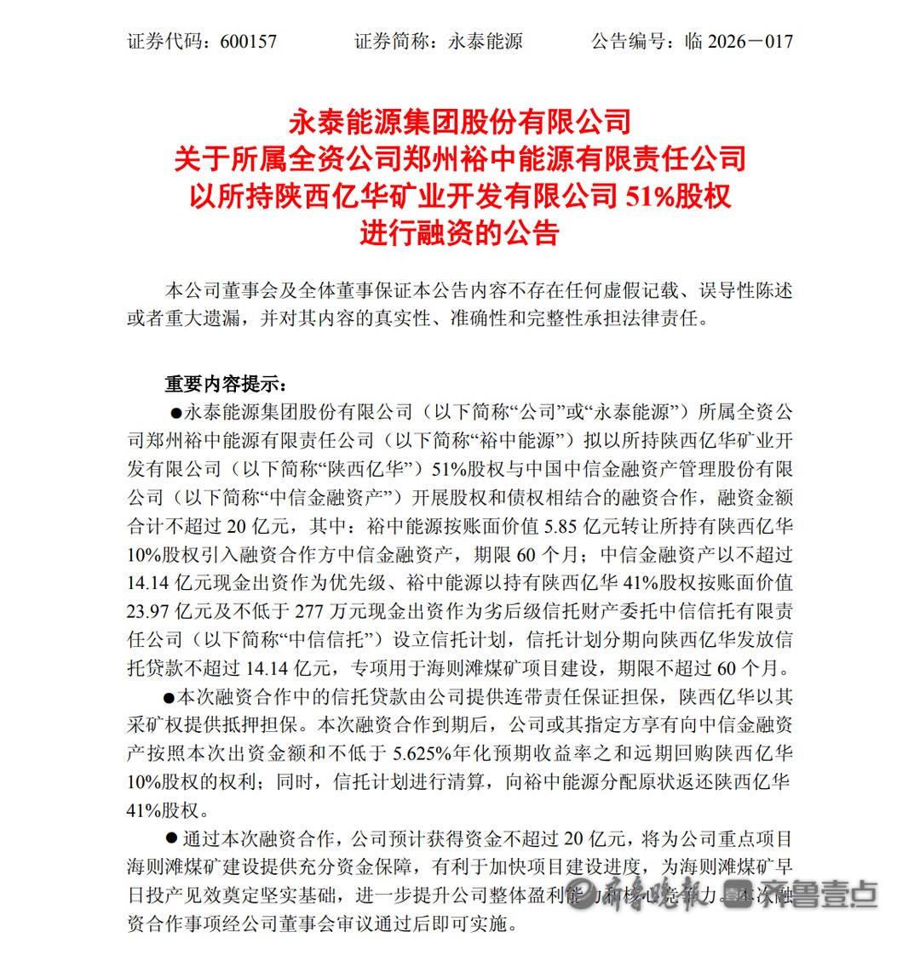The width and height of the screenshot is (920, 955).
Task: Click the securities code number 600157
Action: pyautogui.click(x=248, y=41)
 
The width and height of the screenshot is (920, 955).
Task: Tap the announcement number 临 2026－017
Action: pyautogui.click(x=739, y=41)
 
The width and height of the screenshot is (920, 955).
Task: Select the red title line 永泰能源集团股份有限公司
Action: pyautogui.click(x=460, y=121)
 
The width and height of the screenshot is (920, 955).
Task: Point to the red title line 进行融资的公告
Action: pyautogui.click(x=460, y=232)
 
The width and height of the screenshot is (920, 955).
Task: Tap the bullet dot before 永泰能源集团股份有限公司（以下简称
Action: pyautogui.click(x=176, y=414)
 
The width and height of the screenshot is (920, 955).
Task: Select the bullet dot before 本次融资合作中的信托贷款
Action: pyautogui.click(x=168, y=697)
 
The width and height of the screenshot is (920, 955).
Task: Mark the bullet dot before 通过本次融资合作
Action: pyautogui.click(x=171, y=839)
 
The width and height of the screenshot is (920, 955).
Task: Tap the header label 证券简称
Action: pyautogui.click(x=392, y=41)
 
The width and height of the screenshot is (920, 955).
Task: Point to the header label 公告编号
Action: pyautogui.click(x=630, y=41)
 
